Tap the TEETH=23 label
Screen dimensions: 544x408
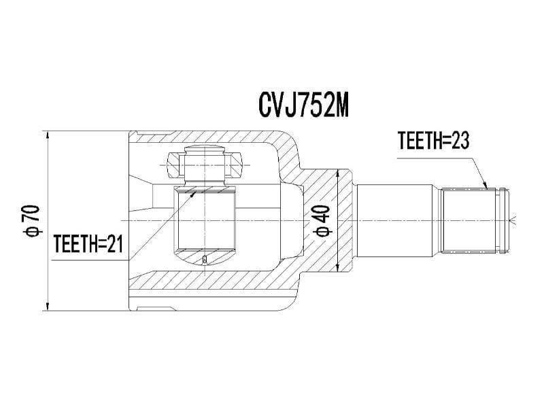[433, 141]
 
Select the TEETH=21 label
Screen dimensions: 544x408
[88, 243]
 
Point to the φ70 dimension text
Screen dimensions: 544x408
[31, 221]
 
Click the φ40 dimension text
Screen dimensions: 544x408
[322, 221]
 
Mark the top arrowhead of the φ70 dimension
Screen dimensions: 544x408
[48, 136]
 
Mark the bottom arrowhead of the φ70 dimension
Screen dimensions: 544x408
[48, 305]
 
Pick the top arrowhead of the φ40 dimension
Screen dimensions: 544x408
[337, 174]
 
